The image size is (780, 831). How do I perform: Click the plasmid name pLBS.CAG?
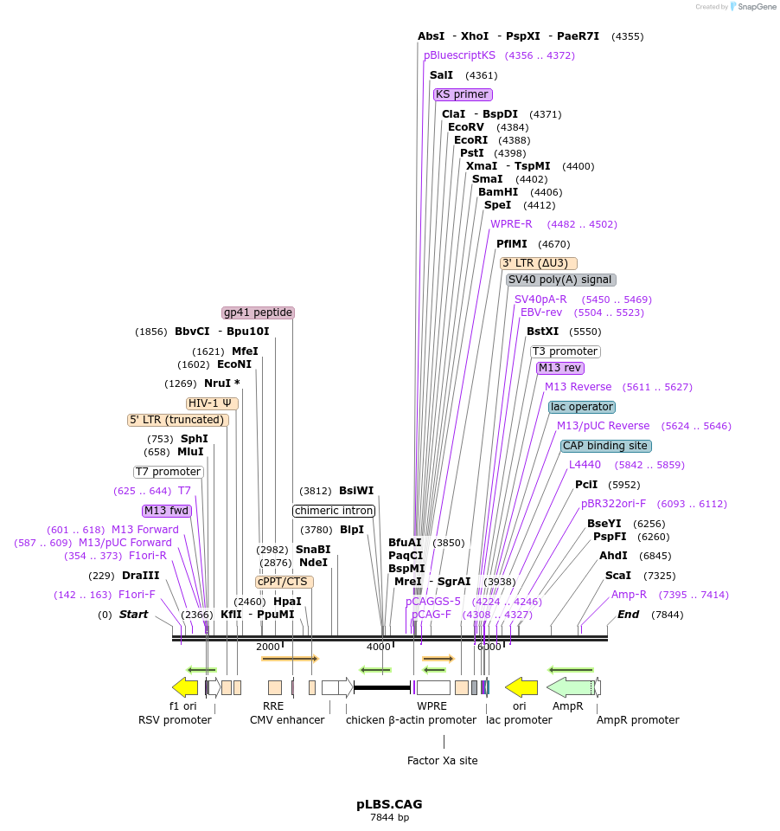389,804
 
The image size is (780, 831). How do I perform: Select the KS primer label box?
463,94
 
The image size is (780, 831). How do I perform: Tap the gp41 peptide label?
258,312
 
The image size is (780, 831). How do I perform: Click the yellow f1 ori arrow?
185,687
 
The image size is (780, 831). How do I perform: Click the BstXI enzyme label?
542,332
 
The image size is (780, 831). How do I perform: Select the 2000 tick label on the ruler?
268,647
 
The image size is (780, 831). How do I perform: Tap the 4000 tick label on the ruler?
379,647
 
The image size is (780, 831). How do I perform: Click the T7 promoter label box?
169,472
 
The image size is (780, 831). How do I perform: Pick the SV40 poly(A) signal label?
560,280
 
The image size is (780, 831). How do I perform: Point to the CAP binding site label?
605,446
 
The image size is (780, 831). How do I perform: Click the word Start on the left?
133,615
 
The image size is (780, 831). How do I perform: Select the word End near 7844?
628,615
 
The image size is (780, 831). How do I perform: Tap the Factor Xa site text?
442,761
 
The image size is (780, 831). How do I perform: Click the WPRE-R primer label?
511,224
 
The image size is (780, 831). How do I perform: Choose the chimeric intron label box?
334,511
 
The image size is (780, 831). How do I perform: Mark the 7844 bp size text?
389,817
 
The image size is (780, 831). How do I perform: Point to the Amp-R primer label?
629,595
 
